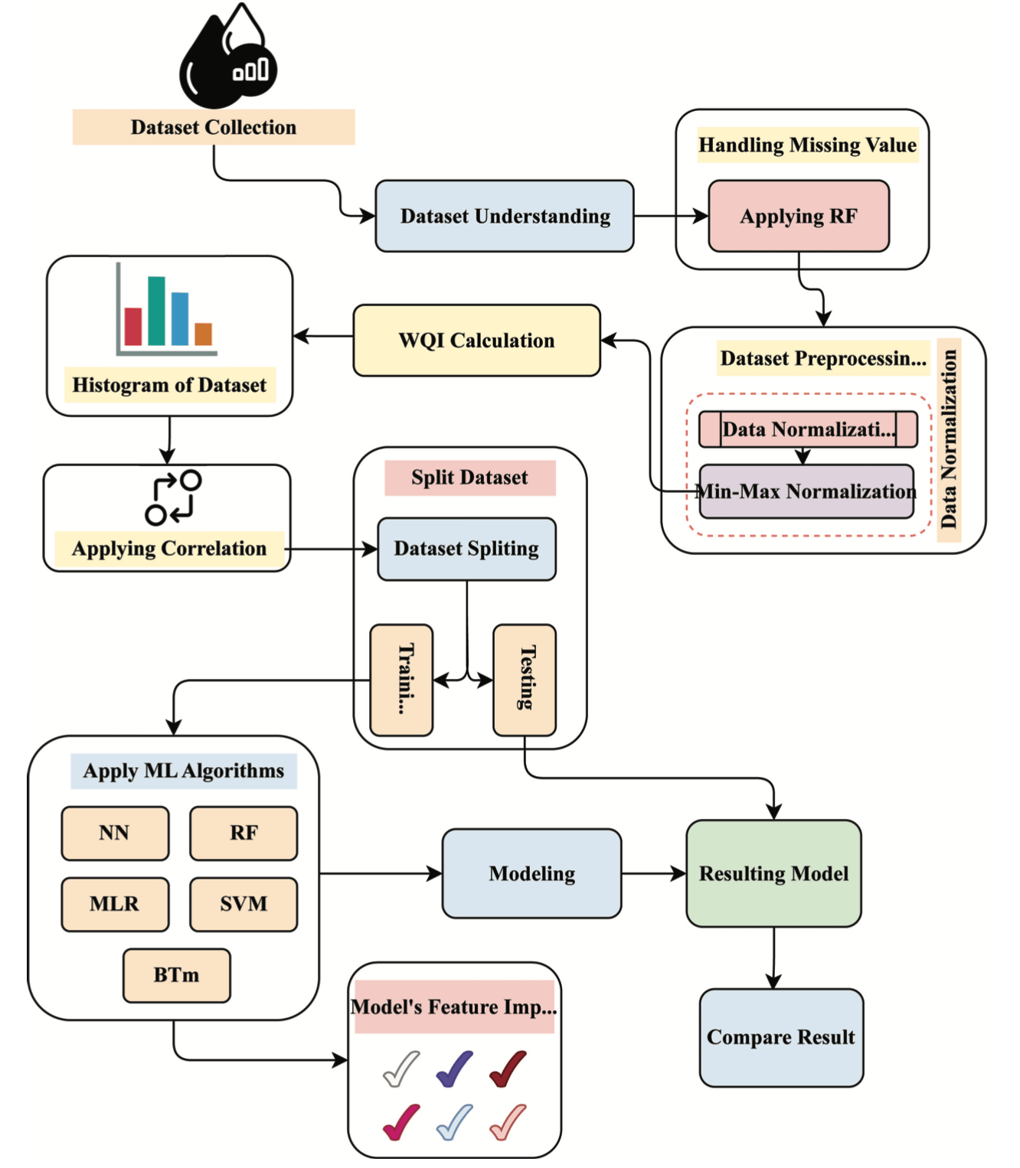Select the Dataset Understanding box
point(504,216)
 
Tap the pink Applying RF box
point(798,216)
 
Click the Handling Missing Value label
point(807,145)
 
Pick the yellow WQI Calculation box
point(476,341)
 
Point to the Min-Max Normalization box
point(806,491)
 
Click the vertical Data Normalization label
point(949,439)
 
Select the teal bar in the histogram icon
point(156,311)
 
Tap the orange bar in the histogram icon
point(203,334)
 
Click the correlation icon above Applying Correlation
point(173,498)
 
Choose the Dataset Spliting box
point(466,549)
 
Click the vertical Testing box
point(525,679)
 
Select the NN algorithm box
point(115,833)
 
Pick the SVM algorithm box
point(244,904)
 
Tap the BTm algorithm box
point(176,975)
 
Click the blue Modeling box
point(531,873)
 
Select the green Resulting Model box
point(773,873)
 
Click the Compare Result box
point(780,1037)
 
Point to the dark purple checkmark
point(454,1069)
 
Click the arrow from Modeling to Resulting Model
point(653,873)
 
